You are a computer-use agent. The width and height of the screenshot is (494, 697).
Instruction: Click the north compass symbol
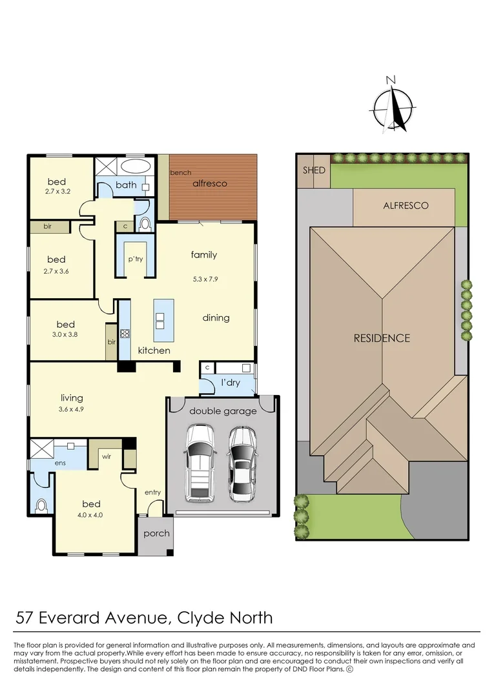393,106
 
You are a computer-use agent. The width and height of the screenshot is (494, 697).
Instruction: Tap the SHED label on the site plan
314,170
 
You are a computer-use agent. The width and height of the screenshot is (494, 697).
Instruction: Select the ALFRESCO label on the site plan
406,205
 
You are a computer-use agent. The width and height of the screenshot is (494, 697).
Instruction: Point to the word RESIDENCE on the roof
382,338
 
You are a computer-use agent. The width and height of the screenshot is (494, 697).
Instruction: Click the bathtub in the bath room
136,167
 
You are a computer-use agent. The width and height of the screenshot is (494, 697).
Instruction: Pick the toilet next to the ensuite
41,505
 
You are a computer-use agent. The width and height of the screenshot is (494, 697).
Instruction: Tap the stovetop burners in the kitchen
125,334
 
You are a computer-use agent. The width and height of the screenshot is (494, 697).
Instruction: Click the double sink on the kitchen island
160,321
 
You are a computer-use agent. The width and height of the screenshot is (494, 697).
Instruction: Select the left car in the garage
200,463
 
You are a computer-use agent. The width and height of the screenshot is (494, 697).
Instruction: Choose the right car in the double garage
242,463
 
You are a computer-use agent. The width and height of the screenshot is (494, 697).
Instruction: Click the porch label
156,534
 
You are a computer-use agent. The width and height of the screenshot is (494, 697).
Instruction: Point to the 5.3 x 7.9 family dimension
205,279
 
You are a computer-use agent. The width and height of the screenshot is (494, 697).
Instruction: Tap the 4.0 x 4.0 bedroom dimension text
92,515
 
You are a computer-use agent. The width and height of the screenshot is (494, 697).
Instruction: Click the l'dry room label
231,382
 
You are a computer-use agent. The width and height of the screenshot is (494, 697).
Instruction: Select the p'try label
136,259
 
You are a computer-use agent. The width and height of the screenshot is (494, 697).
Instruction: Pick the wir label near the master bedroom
107,456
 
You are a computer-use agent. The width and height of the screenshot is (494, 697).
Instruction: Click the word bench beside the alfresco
181,172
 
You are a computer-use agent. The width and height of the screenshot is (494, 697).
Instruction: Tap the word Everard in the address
70,618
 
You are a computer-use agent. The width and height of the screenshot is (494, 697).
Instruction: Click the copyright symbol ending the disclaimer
349,669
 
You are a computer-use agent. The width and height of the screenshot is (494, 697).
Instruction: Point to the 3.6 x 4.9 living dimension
71,409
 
